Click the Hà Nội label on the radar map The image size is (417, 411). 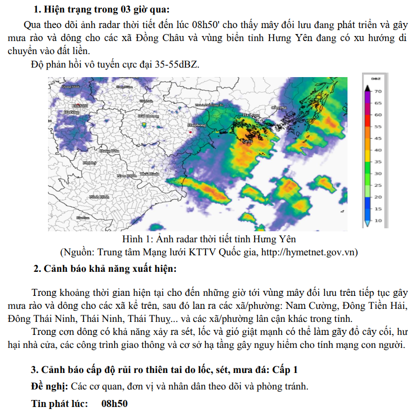(80, 106)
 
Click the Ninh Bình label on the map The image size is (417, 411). (99, 197)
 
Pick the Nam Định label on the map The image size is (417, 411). (126, 176)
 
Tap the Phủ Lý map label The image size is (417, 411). (90, 163)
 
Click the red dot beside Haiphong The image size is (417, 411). (190, 131)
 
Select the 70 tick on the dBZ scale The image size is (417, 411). (378, 92)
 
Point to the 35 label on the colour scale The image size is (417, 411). (378, 162)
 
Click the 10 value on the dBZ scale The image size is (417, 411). (378, 220)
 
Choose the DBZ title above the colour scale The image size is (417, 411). (376, 79)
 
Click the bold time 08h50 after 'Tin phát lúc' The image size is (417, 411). (114, 403)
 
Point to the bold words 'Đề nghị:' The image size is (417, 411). (49, 386)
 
